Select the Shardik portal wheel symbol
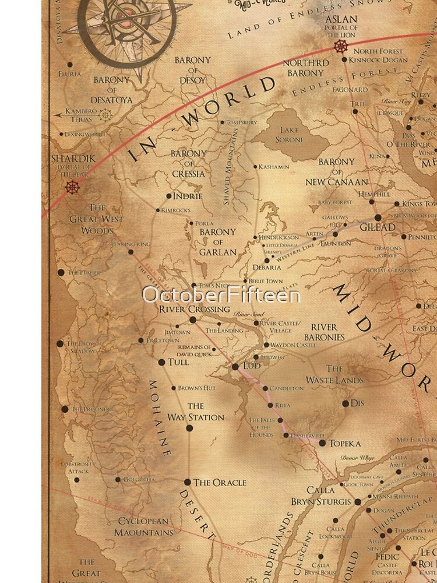[x=72, y=187]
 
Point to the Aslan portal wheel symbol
[x=339, y=47]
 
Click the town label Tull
[x=178, y=362]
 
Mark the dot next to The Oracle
[x=188, y=482]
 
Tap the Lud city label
[x=251, y=366]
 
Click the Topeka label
[x=346, y=443]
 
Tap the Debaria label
[x=266, y=268]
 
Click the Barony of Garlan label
[x=218, y=242]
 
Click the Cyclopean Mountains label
[x=143, y=526]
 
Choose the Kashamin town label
[x=274, y=167]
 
